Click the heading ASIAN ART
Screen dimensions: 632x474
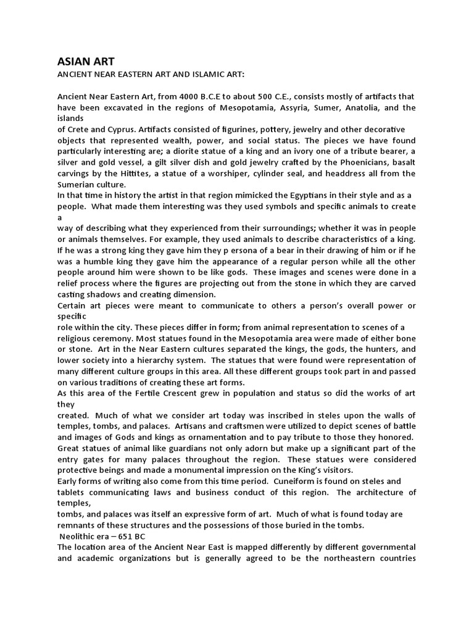81,61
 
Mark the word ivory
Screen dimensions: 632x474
328,151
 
